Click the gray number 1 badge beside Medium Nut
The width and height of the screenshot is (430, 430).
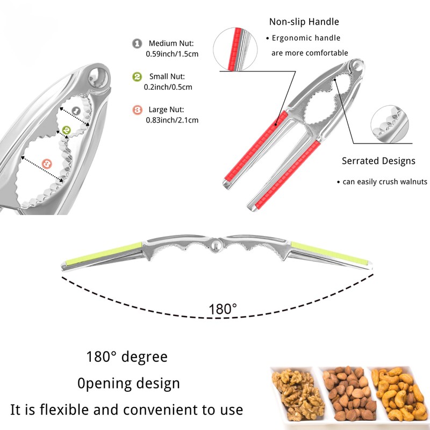137,44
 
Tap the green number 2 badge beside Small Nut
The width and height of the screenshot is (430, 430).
137,76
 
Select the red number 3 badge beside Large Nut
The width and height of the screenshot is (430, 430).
137,110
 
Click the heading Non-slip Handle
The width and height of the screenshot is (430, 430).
304,22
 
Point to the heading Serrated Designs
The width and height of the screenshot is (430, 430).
378,161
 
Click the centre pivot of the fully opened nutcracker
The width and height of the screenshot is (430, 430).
215,246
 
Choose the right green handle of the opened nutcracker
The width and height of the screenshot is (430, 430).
329,253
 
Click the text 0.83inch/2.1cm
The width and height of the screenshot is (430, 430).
172,120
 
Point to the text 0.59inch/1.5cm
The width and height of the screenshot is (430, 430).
172,54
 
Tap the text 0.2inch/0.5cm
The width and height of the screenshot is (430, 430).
168,87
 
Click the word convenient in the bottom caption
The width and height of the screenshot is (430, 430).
157,410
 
